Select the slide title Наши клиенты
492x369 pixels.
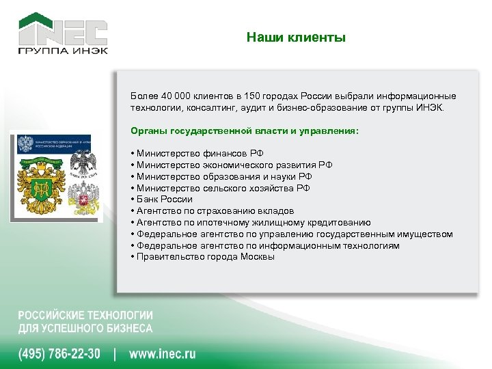pyautogui.click(x=297, y=38)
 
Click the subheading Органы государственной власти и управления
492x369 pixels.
pyautogui.click(x=244, y=130)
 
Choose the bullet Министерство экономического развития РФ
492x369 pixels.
pyautogui.click(x=234, y=165)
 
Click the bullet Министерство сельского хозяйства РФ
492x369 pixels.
pyautogui.click(x=223, y=188)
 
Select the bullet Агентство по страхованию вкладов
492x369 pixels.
pyautogui.click(x=215, y=211)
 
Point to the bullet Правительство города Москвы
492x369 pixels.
pyautogui.click(x=205, y=257)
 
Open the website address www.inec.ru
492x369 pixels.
pyautogui.click(x=163, y=354)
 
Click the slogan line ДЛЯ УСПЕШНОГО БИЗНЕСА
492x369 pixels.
pyautogui.click(x=85, y=329)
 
